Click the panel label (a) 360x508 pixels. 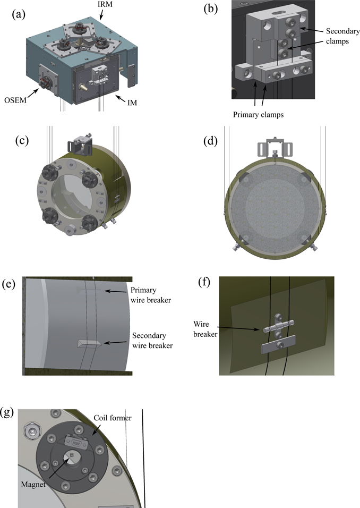20,14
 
